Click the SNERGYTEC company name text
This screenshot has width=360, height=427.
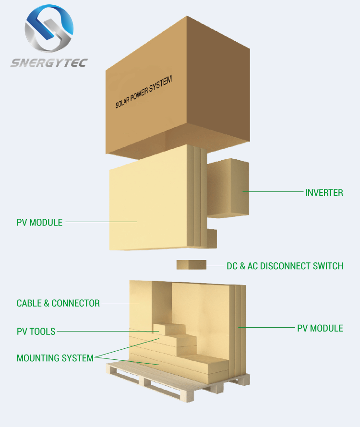tap(49, 63)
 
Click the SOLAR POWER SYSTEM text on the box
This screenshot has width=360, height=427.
tap(144, 92)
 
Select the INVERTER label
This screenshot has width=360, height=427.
tap(324, 193)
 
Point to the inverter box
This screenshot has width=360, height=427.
tap(228, 188)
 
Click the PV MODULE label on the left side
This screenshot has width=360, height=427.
tap(39, 223)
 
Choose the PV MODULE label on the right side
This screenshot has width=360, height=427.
tap(320, 328)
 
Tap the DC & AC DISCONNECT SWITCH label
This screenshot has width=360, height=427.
tap(285, 266)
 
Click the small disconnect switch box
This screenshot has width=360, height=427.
tap(192, 265)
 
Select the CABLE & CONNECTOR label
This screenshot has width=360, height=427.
tap(58, 303)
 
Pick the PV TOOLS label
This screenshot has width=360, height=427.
tap(36, 332)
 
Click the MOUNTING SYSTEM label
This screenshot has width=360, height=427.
tap(55, 358)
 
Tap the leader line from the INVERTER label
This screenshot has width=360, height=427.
tap(273, 192)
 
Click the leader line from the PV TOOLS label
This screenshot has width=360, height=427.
tap(108, 332)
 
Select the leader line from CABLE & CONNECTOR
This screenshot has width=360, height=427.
tap(120, 303)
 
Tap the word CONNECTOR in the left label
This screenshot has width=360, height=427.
tap(75, 303)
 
